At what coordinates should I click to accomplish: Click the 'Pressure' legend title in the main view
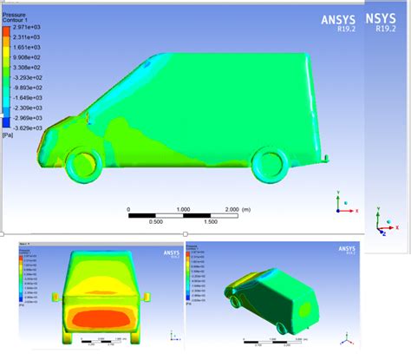(x=15, y=5)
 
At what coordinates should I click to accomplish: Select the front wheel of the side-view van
(x=80, y=165)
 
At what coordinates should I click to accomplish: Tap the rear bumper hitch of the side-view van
(x=326, y=158)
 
